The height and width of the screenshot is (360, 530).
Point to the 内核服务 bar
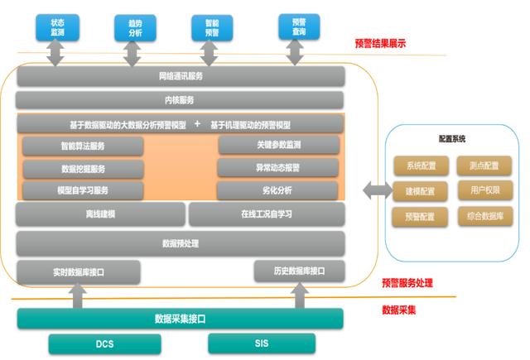point(181,100)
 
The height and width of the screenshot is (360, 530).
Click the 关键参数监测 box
point(278,146)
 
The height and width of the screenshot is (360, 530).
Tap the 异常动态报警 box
point(278,168)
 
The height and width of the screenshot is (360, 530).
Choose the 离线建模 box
point(100,214)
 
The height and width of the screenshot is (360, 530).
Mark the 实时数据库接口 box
point(79,271)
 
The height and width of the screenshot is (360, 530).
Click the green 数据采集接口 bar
point(180,319)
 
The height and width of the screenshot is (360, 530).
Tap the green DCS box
point(104,343)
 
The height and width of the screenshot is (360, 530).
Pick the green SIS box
point(262,343)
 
